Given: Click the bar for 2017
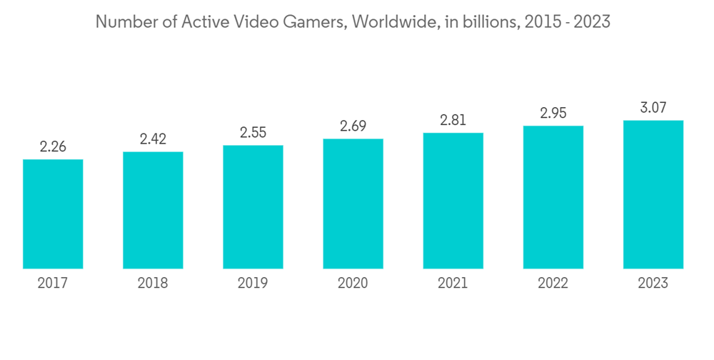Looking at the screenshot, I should pos(53,214).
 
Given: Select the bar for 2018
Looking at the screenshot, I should pos(153,210).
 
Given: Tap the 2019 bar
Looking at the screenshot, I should pos(253,207).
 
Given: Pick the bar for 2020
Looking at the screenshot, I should pos(353,204).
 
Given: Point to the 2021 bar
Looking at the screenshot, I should pos(453,201).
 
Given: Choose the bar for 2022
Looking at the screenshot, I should pos(553,197).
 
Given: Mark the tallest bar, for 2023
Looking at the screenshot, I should pos(653,194).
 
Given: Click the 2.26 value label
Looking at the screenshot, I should pos(53,147).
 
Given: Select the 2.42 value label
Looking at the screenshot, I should pos(153,139).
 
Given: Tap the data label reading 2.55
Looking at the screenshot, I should pos(253,133).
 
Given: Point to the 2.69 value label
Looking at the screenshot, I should pos(353,126).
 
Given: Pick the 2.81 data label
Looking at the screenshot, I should pos(453,121).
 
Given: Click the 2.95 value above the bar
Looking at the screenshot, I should pos(553,114).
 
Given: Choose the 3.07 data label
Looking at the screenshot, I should pos(653,108).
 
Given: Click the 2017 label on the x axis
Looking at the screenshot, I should pos(53,284).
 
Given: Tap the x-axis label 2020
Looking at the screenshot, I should pos(353,284).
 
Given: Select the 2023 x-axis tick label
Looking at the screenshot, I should pos(653,284).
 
